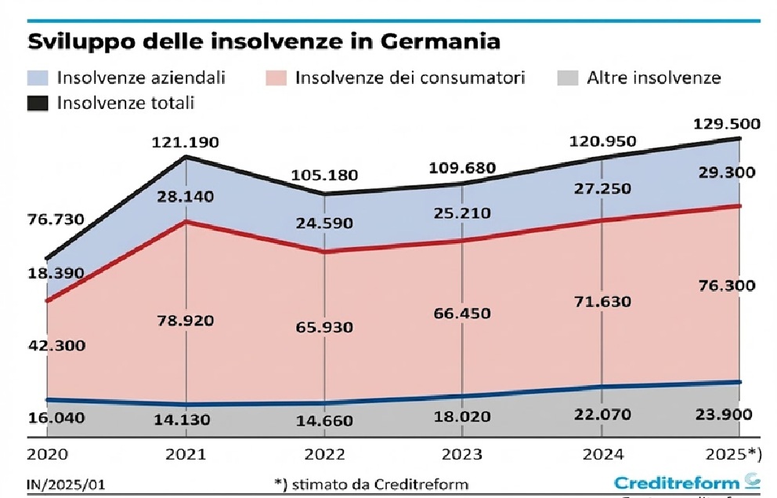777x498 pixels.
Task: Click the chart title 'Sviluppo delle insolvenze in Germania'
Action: (x=264, y=41)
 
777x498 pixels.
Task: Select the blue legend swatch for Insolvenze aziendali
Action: (x=38, y=78)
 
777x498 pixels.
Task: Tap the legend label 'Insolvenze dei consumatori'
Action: (x=410, y=78)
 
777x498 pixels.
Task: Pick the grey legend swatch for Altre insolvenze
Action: (x=567, y=78)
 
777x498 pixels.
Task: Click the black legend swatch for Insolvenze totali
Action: (x=38, y=102)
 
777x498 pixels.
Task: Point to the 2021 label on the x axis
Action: (x=186, y=454)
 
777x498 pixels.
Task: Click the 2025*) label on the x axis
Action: (x=733, y=454)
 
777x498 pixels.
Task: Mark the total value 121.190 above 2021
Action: (x=186, y=143)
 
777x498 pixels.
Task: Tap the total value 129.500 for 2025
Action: (x=723, y=124)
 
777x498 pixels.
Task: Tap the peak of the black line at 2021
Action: (x=186, y=158)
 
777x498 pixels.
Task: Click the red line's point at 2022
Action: (x=324, y=252)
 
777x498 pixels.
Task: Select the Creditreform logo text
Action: (x=677, y=482)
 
